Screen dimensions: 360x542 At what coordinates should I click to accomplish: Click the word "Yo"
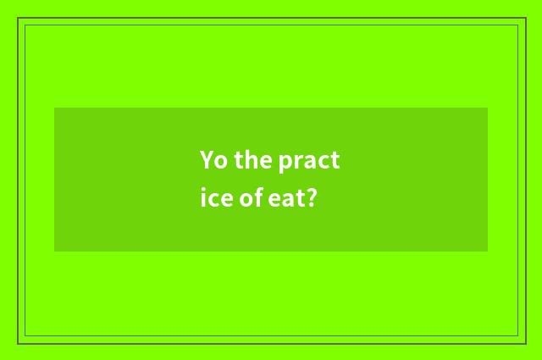point(212,160)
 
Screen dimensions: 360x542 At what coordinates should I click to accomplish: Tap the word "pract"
point(309,161)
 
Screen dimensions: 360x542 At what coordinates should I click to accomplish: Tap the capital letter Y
point(207,160)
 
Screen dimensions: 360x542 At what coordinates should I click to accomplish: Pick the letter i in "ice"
point(203,199)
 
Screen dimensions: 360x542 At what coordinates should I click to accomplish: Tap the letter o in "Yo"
point(219,162)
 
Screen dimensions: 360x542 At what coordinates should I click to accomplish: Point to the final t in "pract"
point(335,161)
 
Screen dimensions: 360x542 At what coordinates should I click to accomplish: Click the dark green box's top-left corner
point(54,108)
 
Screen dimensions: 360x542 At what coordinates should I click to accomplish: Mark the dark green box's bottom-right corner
point(488,252)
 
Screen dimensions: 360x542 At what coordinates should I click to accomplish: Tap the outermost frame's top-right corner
point(525,18)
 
